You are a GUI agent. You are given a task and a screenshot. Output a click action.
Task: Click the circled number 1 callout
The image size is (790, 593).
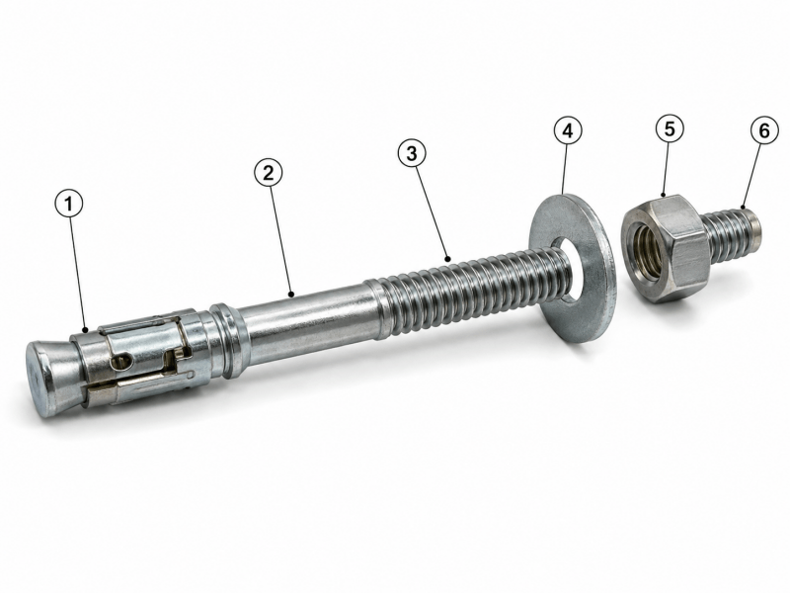(x=69, y=204)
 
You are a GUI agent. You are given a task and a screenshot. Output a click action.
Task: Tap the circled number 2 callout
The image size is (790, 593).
(x=268, y=173)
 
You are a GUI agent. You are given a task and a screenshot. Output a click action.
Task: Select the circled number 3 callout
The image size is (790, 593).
(x=412, y=153)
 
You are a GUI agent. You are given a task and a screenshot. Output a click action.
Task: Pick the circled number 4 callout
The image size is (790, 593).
(x=568, y=131)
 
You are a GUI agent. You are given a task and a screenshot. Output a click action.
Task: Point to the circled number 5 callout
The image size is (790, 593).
(x=670, y=128)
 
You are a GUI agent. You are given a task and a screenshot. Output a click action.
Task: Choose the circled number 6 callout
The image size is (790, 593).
(x=764, y=131)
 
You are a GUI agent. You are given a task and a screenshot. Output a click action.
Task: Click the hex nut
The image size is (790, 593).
(x=664, y=248)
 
